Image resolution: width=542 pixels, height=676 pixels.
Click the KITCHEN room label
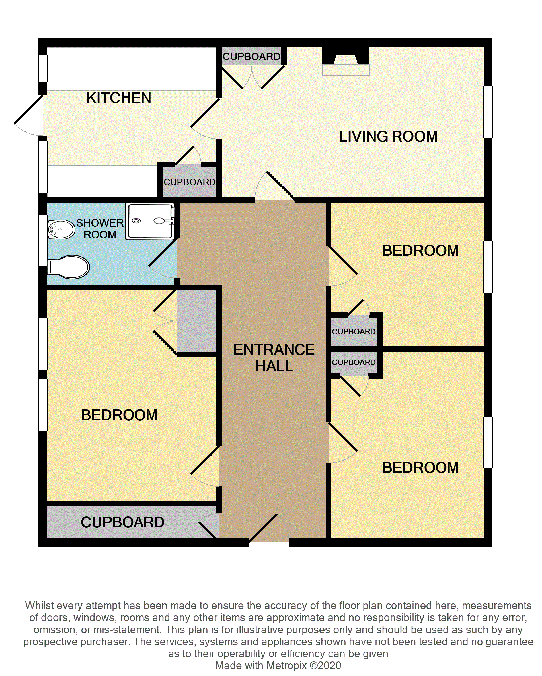click(119, 98)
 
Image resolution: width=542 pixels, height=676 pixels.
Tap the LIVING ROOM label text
click(388, 137)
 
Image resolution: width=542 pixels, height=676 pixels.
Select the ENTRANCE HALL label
click(274, 358)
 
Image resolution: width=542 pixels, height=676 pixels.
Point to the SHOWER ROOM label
click(100, 228)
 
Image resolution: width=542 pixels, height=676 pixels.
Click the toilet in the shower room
click(68, 267)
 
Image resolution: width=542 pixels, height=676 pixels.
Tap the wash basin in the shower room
click(61, 229)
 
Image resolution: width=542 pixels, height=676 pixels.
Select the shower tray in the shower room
click(150, 221)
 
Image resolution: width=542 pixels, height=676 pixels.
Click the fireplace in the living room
click(346, 61)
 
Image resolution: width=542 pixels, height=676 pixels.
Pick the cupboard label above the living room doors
click(252, 56)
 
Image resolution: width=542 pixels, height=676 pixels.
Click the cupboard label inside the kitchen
click(190, 182)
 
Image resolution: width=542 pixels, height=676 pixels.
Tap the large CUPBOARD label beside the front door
click(122, 522)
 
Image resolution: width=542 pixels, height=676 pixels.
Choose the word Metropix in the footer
click(286, 665)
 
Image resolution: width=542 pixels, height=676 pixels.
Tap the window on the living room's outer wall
click(488, 112)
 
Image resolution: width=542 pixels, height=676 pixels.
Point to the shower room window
click(43, 240)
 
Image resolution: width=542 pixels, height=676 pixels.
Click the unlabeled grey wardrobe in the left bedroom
click(197, 321)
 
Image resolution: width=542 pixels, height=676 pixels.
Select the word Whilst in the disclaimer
click(39, 605)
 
